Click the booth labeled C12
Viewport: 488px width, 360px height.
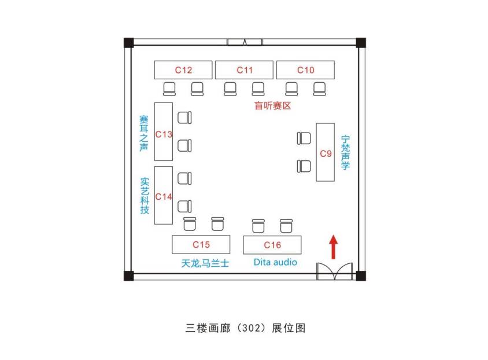pos(183,70)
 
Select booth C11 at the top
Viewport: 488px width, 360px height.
pos(244,70)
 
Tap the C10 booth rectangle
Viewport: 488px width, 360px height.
pos(305,70)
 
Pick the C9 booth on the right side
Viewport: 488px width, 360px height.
pos(326,152)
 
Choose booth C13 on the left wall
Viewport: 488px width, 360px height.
pos(164,131)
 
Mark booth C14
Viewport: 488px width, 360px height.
pos(164,195)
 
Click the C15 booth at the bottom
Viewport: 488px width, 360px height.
pos(201,244)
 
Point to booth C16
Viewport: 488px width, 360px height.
pos(272,244)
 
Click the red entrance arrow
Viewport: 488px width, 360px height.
pos(333,247)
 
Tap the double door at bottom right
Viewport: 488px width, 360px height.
pos(335,271)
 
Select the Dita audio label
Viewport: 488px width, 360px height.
pos(275,262)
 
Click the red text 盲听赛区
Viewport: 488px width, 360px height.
pos(272,106)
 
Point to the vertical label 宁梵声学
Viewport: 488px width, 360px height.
pos(345,152)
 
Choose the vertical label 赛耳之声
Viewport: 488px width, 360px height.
pos(144,133)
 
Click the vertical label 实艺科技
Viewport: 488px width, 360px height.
pos(145,196)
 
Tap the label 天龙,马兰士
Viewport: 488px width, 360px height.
pos(205,263)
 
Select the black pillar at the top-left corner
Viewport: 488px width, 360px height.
pos(128,42)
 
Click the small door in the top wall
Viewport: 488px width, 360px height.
pos(245,42)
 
